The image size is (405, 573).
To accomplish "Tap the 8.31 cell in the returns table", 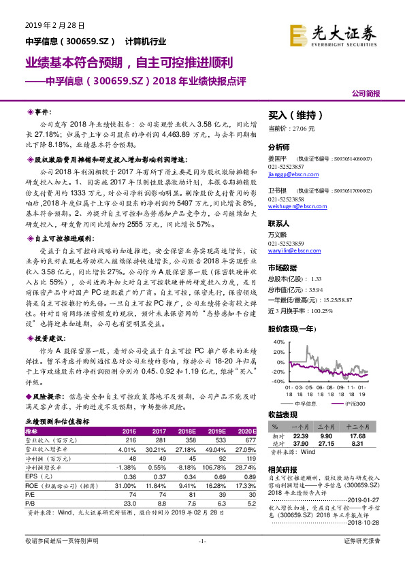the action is click(x=361, y=444).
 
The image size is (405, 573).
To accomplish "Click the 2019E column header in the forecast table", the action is click(x=216, y=431).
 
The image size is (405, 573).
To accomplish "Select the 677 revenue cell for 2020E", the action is click(x=248, y=440).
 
